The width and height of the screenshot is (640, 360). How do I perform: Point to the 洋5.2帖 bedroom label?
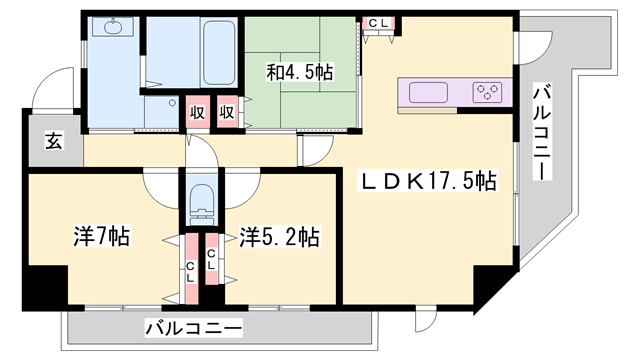(280, 237)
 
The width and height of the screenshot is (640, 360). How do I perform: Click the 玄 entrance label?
(51, 142)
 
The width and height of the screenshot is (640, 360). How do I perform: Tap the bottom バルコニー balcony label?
(193, 327)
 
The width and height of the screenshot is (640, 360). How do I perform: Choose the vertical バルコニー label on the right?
(541, 131)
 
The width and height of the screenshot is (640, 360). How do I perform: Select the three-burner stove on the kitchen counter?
(489, 94)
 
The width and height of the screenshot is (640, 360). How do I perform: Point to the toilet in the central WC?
(203, 199)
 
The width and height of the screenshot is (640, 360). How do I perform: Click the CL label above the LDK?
(379, 23)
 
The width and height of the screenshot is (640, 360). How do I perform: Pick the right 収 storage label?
(228, 112)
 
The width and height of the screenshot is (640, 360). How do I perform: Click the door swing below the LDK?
(427, 318)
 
